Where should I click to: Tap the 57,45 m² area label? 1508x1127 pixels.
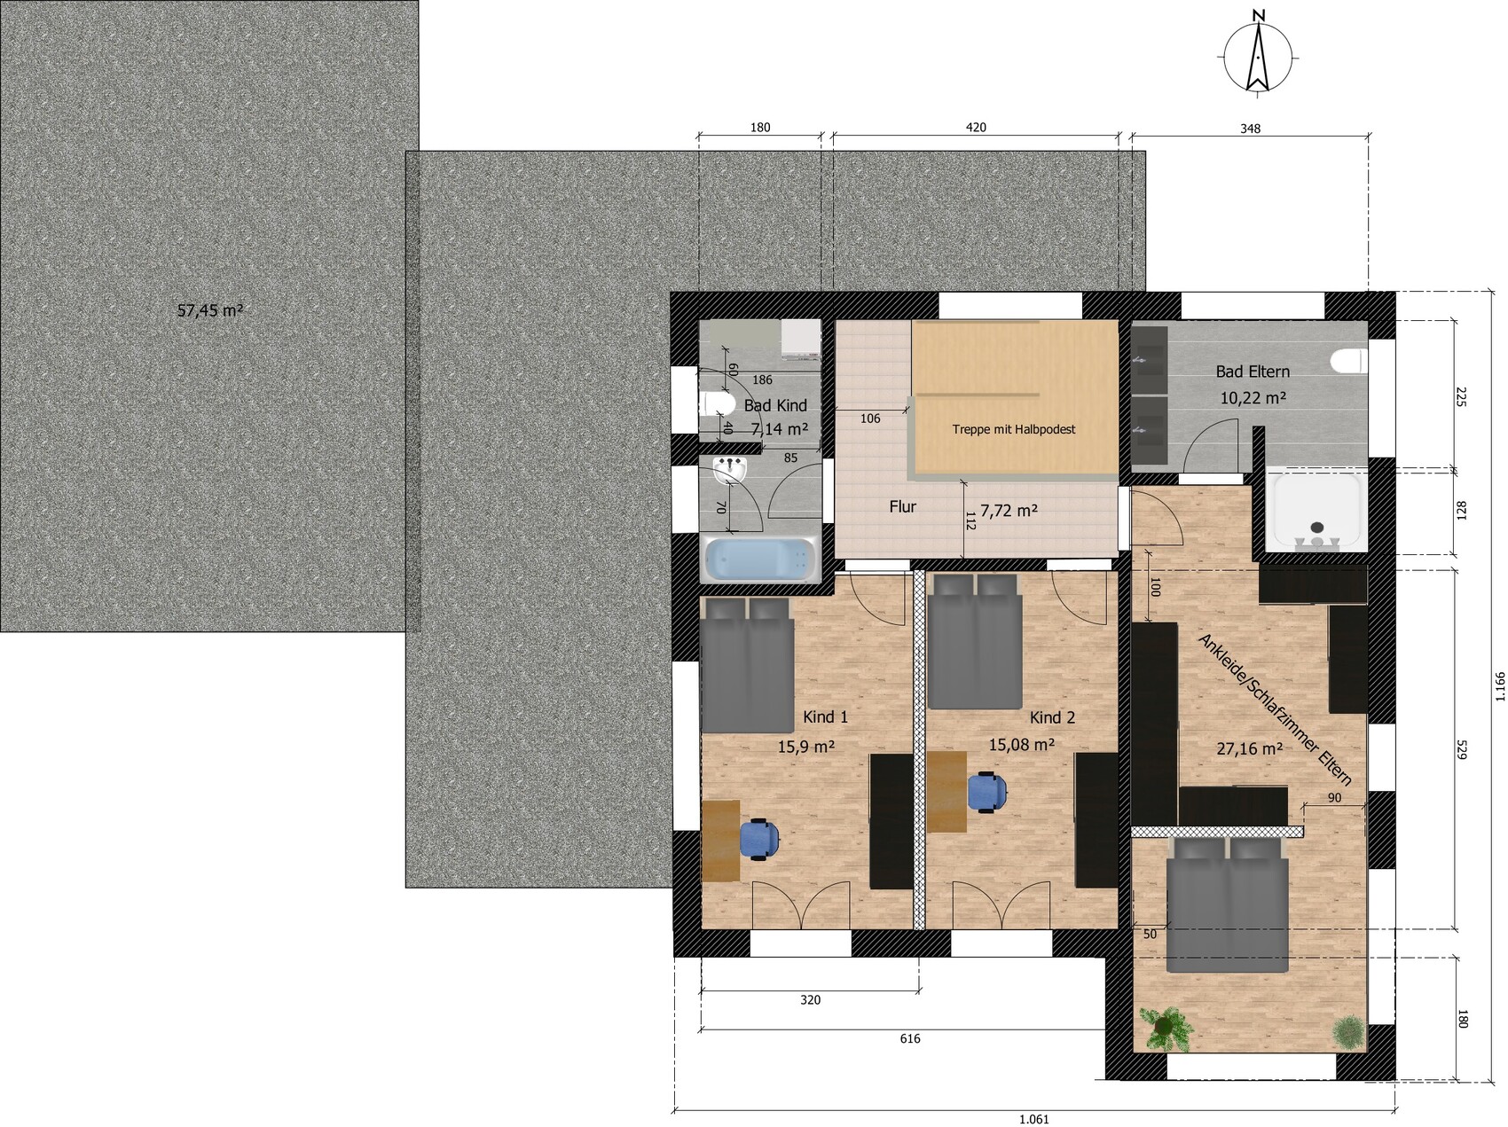coord(210,311)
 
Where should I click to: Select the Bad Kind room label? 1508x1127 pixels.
coord(775,405)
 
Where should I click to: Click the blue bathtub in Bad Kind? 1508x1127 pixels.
coord(760,560)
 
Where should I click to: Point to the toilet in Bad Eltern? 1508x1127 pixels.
coord(1348,362)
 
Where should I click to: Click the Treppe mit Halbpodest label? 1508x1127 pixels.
coord(1013,429)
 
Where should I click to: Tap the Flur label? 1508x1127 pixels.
coord(902,507)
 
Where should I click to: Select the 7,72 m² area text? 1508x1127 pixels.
coord(1009,511)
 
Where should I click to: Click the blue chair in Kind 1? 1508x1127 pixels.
coord(759,839)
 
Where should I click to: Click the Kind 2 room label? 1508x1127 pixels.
coord(1052,717)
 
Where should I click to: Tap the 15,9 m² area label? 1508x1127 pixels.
coord(806,747)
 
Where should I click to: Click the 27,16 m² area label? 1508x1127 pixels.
coord(1249,749)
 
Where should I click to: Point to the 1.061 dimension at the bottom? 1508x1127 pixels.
coord(1033,1119)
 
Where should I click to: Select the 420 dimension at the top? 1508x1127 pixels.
coord(975,128)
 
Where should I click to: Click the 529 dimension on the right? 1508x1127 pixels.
coord(1462,749)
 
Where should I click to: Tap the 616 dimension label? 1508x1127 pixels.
coord(909,1038)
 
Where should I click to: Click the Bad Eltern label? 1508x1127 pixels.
coord(1253,372)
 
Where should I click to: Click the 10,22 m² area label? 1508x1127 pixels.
coord(1253,398)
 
